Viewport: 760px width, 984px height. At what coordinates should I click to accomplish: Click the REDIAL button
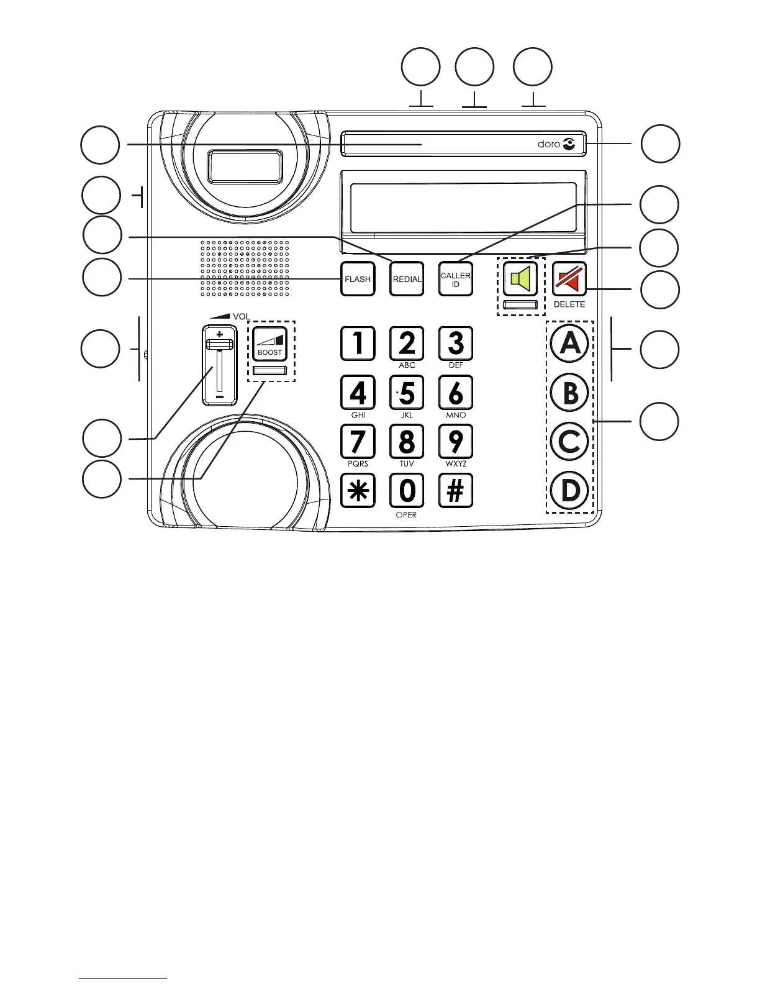(407, 279)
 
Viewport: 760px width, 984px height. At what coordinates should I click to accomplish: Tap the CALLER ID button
(456, 279)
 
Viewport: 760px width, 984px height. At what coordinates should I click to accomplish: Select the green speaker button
(520, 279)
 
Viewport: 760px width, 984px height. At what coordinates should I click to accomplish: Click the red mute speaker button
(569, 279)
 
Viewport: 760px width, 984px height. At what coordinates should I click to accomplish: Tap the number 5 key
(407, 393)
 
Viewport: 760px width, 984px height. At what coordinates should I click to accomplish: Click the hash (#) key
(456, 491)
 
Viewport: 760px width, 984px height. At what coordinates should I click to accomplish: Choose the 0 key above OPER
(407, 491)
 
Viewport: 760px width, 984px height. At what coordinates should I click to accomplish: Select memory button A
(570, 344)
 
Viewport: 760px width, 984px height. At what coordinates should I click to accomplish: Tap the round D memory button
(570, 491)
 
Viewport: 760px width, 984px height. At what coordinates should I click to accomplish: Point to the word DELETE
(569, 304)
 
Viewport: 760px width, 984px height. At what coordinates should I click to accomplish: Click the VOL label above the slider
(241, 316)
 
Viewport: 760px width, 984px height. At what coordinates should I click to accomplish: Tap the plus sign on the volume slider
(219, 334)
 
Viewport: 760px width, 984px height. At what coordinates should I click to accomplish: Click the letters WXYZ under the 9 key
(456, 464)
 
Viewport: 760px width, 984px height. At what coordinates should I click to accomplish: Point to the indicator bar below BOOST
(270, 371)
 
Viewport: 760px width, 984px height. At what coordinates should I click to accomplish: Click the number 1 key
(358, 344)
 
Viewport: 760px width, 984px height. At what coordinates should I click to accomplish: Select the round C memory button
(570, 442)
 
